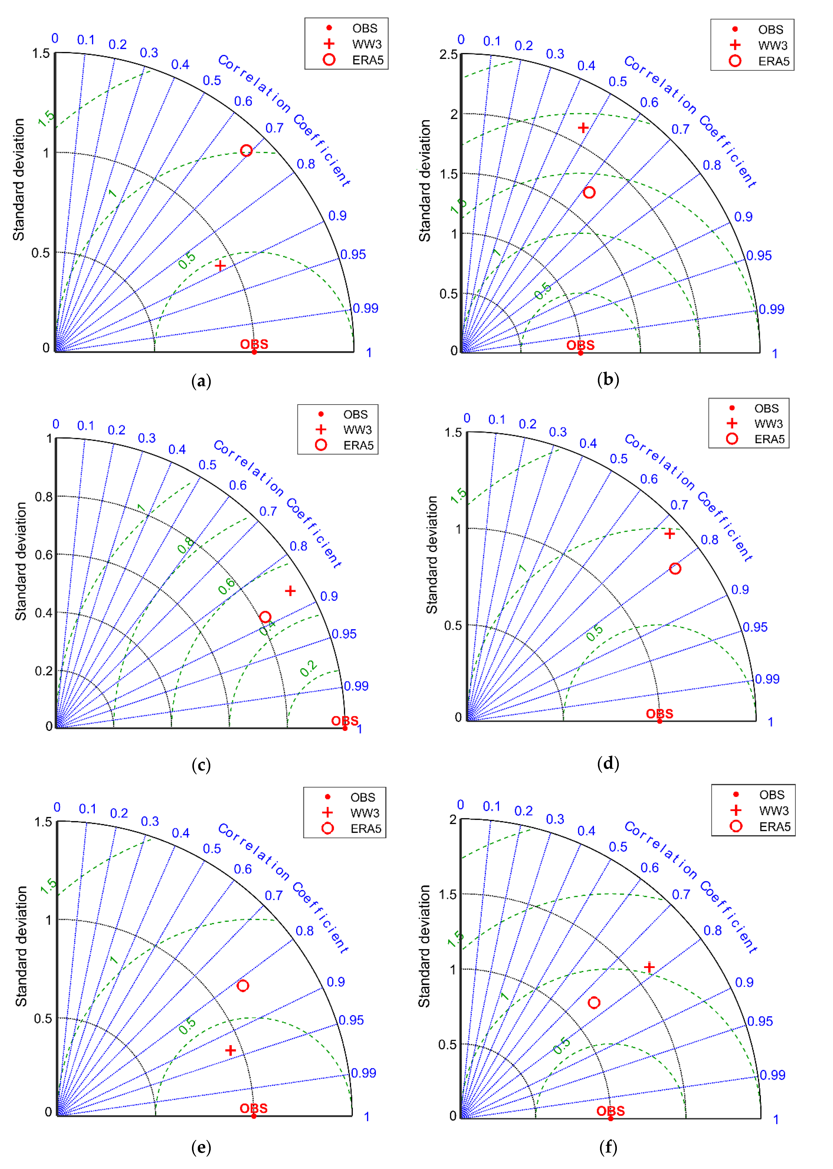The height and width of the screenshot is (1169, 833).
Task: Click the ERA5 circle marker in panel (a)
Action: tap(246, 150)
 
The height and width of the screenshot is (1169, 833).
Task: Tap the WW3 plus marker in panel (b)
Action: tap(583, 127)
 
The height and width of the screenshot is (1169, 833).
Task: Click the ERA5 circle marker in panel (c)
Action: tap(265, 617)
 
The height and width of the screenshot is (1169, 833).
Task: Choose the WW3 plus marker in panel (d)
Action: tap(669, 534)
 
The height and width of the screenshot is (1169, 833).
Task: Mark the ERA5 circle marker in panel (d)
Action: tap(675, 568)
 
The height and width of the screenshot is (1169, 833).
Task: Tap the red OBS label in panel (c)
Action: tap(345, 721)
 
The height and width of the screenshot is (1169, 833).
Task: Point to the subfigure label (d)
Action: tap(608, 763)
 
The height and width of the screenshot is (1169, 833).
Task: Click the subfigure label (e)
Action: tap(201, 1147)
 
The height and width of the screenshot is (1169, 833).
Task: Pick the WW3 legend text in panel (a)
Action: tap(367, 44)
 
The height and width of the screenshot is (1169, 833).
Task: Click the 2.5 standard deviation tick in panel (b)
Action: tap(448, 54)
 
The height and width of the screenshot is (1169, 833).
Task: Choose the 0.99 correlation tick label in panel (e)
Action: tap(364, 1073)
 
